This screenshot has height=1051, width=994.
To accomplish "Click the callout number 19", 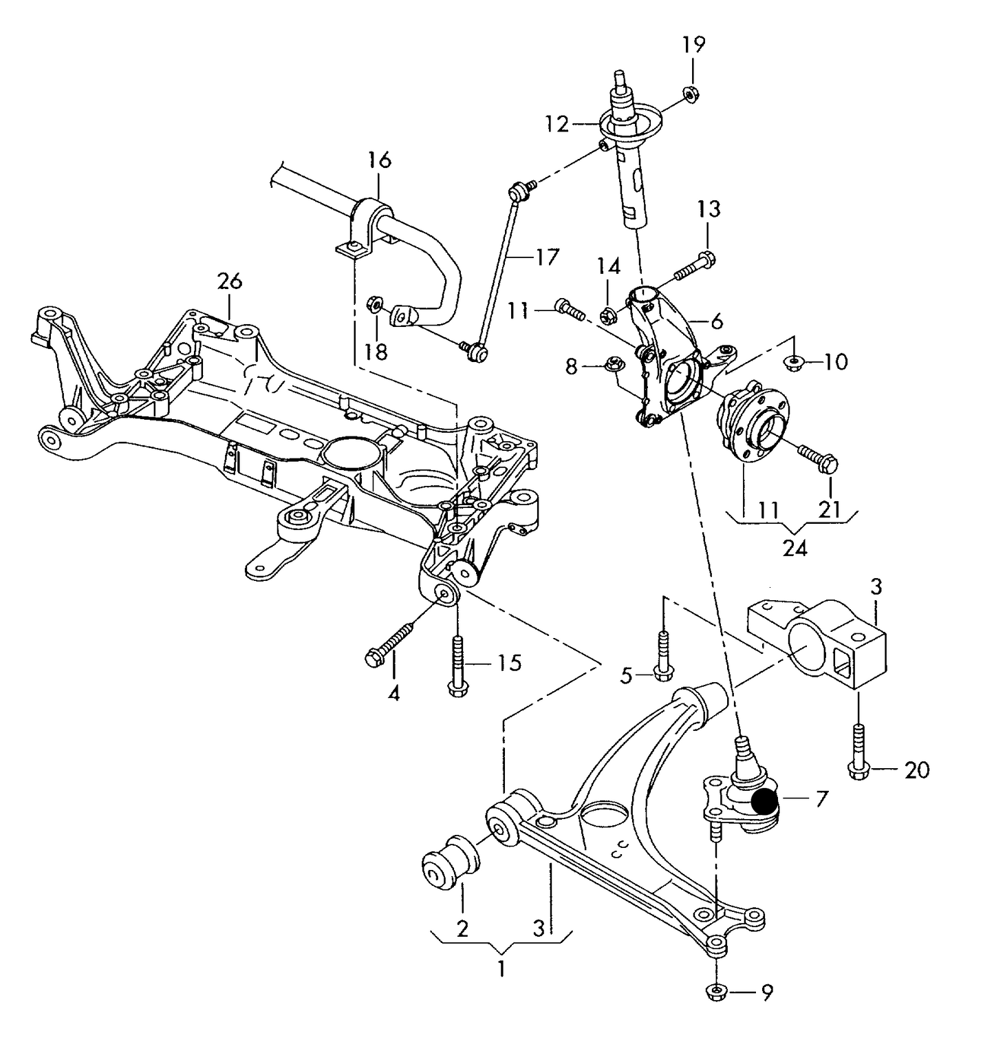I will pos(693,45).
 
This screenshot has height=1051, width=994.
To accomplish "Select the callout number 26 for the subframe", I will pos(230,281).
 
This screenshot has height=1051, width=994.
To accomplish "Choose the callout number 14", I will pos(608,266).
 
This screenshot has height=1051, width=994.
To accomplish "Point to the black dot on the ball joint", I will pos(764,802).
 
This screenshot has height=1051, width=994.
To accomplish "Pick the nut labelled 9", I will pos(716,992).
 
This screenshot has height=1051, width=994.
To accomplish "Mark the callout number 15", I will pos(509,663).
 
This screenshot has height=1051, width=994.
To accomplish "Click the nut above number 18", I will pos(376,303).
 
